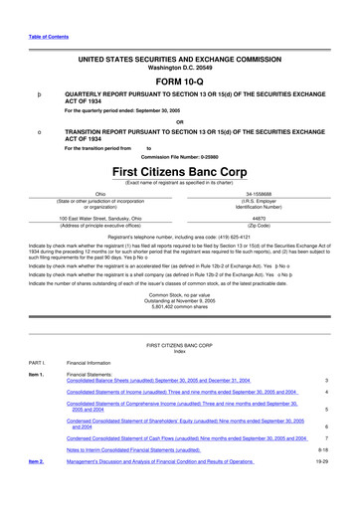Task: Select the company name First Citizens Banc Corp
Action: [x=179, y=171]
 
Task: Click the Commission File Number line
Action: [x=179, y=156]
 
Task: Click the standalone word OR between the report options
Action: [x=179, y=123]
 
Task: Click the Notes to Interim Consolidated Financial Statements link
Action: [x=134, y=477]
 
